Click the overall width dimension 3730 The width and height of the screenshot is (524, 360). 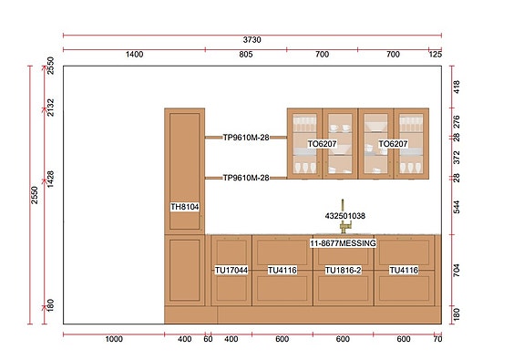tap(252, 40)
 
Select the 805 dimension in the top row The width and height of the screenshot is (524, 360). tap(246, 54)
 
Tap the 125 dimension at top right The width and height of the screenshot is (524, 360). tap(435, 54)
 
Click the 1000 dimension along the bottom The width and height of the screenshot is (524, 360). tap(114, 339)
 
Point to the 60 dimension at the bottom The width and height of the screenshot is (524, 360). tap(208, 339)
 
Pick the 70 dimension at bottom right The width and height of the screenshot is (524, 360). tap(437, 339)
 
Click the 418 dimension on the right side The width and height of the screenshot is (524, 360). tap(457, 87)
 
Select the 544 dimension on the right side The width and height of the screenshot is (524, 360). tap(457, 207)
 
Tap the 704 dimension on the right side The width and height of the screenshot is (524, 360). tap(457, 270)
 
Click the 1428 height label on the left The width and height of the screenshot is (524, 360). tap(50, 180)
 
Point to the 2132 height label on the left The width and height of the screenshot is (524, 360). tap(50, 107)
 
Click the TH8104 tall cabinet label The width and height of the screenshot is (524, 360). tap(185, 207)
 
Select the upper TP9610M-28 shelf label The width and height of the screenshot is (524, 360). tap(246, 138)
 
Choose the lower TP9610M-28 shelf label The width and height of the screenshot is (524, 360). tap(246, 178)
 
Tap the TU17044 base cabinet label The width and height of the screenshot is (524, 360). tap(231, 270)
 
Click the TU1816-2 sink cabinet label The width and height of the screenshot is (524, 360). tap(344, 270)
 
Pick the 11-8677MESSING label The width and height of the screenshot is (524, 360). tap(343, 243)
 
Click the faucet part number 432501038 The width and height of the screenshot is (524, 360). tap(345, 216)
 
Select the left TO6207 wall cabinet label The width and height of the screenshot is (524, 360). tap(323, 144)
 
